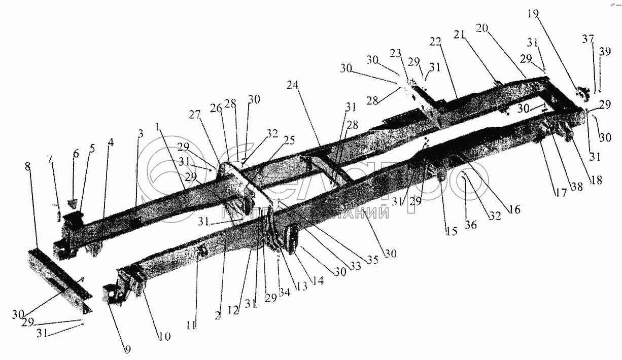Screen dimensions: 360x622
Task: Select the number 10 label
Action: (165, 336)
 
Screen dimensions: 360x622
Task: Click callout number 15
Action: (452, 231)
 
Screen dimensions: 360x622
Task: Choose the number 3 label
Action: (141, 133)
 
